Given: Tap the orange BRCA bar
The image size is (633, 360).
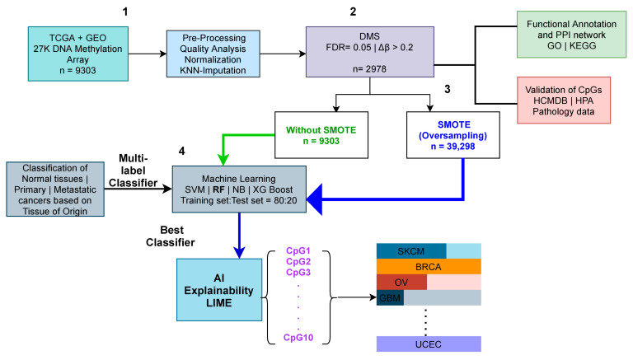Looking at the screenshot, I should (428, 266).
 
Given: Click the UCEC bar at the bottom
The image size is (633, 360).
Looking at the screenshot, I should (428, 342).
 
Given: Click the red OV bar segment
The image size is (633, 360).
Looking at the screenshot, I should (401, 282).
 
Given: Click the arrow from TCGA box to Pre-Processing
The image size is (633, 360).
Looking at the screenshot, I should (135, 55).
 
